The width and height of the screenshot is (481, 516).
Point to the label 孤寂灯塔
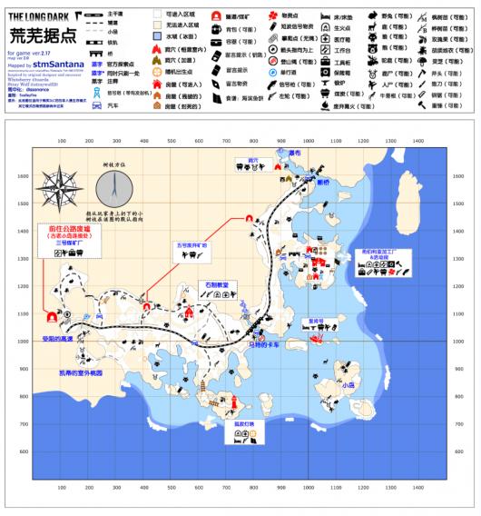pos(242,423)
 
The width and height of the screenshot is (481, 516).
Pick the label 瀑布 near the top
pos(295,153)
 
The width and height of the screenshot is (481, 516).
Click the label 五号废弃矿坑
pos(191,246)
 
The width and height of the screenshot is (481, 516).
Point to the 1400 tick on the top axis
pos(418,142)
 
